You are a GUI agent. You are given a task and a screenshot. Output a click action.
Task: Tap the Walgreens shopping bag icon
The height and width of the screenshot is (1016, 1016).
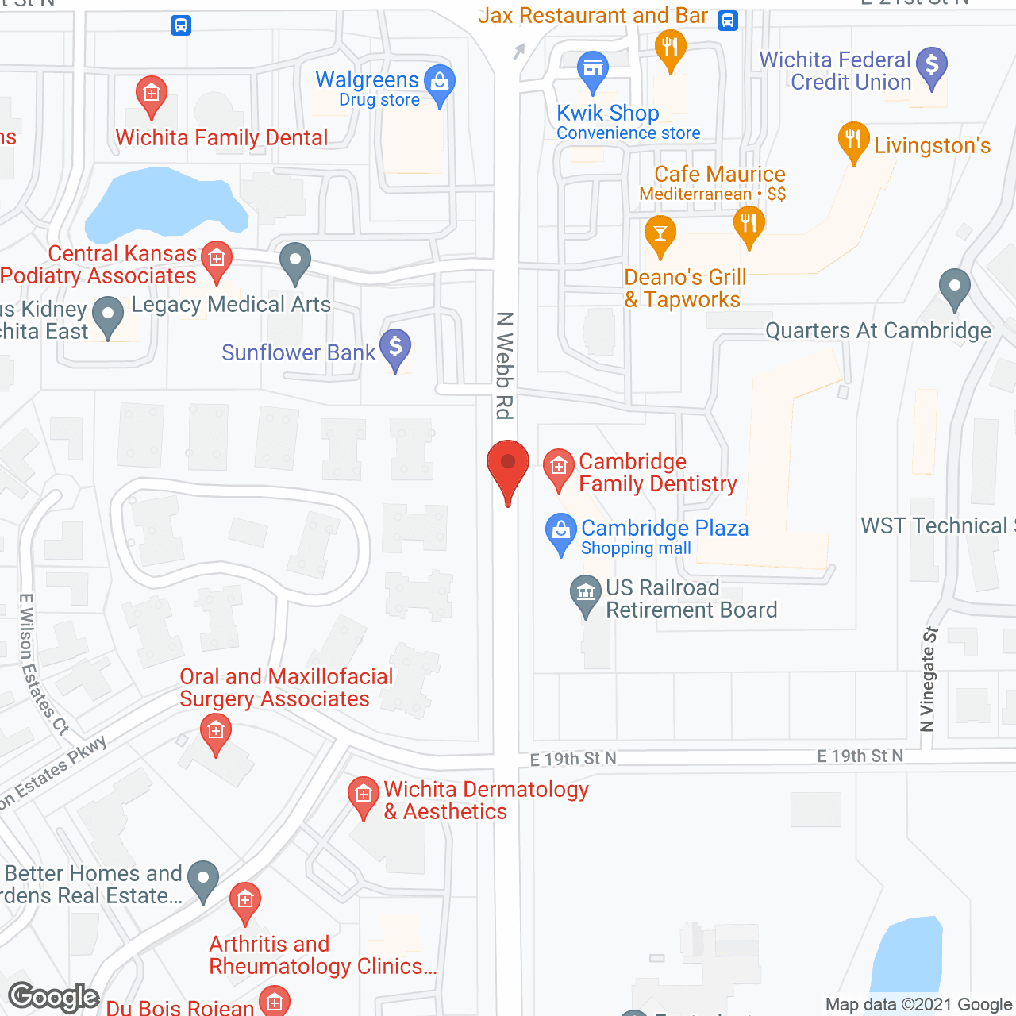[439, 83]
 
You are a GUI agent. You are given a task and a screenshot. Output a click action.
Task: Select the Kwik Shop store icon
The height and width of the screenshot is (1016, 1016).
[592, 68]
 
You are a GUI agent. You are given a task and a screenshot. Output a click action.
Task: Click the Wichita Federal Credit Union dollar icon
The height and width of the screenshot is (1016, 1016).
[932, 65]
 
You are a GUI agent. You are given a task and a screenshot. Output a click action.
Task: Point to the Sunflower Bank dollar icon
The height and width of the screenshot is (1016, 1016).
[394, 347]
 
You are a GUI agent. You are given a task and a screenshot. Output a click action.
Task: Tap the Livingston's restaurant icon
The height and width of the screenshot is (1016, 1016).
[853, 140]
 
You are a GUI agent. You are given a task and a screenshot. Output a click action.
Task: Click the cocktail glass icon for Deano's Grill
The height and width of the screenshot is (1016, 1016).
[660, 233]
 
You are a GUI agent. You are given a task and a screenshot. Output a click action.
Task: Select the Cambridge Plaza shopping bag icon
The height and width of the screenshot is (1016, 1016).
[561, 531]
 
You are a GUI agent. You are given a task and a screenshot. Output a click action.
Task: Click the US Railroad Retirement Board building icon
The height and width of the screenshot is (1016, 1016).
[586, 593]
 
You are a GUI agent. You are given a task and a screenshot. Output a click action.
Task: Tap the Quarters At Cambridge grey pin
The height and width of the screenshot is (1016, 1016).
[954, 287]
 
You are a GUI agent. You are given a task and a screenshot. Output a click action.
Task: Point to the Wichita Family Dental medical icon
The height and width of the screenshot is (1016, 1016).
[151, 94]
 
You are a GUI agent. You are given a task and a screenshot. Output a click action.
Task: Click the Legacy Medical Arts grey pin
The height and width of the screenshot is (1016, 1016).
[295, 261]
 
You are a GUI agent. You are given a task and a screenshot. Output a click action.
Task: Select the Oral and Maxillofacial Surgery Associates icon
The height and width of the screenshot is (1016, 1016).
[215, 731]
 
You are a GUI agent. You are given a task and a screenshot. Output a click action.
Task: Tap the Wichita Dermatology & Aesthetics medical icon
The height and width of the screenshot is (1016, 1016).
[364, 795]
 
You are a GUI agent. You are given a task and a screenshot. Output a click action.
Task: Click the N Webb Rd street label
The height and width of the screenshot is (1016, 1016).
[505, 365]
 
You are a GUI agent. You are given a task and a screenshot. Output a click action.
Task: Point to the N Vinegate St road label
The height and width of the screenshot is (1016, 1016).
[928, 679]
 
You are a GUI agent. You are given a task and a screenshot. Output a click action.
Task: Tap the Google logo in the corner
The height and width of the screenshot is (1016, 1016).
[53, 997]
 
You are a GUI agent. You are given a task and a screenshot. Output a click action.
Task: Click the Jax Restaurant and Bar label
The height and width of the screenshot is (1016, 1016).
[592, 16]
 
